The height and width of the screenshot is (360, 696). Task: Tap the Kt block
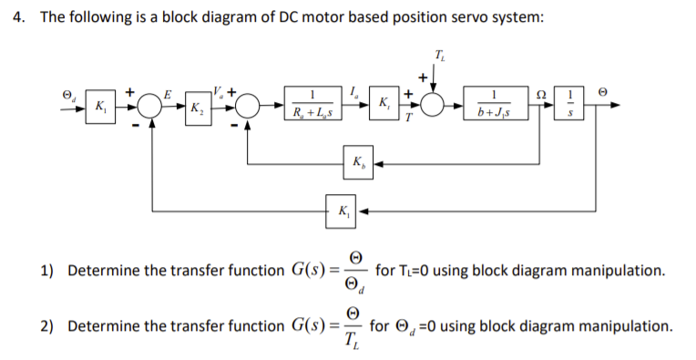[385, 105]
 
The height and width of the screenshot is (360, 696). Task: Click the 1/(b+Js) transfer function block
[492, 106]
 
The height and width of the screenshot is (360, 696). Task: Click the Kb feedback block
[357, 165]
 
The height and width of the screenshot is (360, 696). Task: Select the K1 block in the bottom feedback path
[342, 212]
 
